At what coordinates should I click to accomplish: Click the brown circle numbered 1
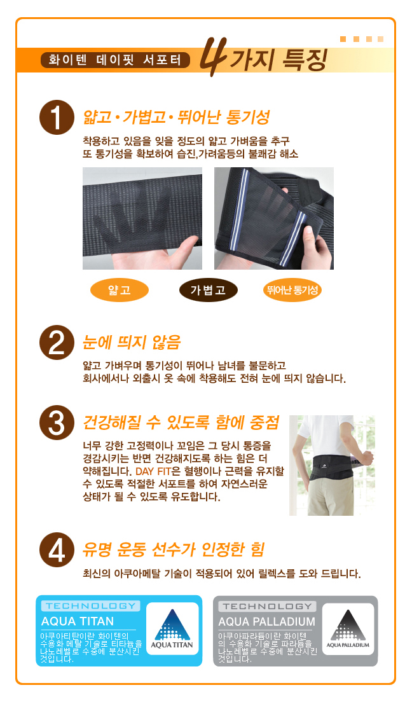pos(57,117)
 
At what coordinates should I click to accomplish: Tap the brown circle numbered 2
pos(57,343)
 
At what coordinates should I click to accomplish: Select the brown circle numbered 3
pos(57,422)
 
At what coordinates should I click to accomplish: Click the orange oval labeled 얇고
pos(120,290)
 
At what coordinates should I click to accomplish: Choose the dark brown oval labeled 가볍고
pos(209,290)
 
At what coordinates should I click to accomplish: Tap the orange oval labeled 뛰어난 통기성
pos(292,290)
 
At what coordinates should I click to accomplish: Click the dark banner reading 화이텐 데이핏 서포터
pos(115,60)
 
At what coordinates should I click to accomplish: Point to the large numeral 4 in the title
pos(212,57)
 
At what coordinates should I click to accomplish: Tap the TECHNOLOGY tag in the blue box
pos(91,605)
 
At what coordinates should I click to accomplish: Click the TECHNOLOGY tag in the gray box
pos(267,606)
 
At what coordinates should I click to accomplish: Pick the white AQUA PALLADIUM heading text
pos(266,621)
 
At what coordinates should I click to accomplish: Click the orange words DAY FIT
pos(153,471)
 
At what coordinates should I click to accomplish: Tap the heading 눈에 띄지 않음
pos(132,343)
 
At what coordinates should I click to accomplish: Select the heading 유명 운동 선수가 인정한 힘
pos(174,549)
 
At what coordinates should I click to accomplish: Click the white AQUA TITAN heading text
pos(77,621)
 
